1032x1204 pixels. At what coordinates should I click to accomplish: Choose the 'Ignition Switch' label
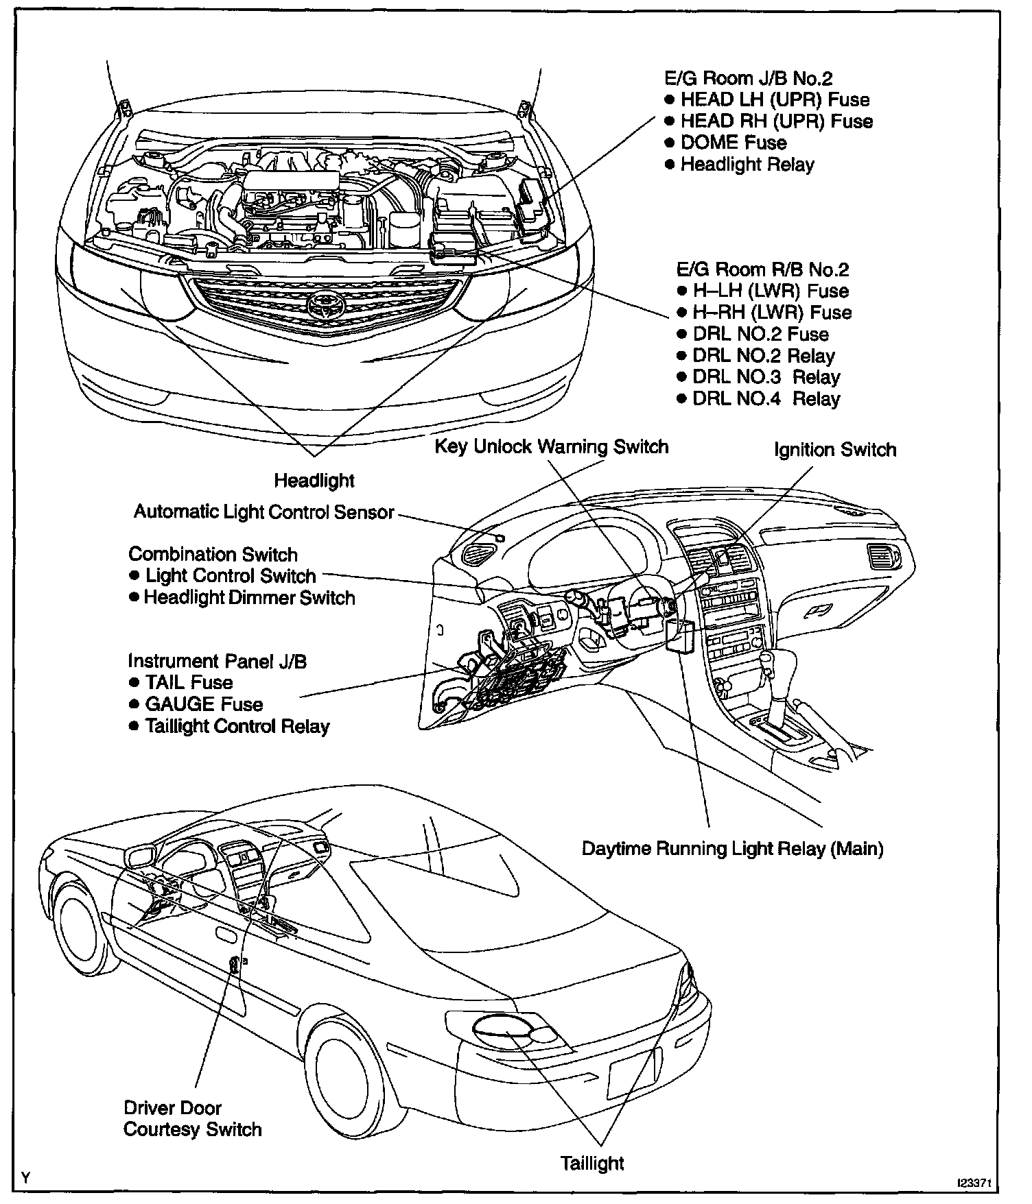835,450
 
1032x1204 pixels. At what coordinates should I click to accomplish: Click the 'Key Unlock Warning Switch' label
552,447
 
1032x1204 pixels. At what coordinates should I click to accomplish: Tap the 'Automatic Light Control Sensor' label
264,512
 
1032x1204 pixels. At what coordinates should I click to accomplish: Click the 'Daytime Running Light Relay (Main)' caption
732,849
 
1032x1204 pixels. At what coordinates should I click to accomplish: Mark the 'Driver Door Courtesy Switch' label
193,1118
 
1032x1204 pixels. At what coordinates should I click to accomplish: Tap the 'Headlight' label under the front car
314,481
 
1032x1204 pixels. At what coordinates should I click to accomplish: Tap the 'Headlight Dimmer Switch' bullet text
249,598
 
